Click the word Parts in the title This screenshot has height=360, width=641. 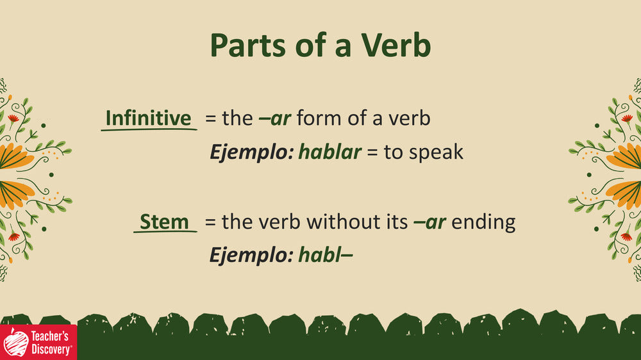click(247, 45)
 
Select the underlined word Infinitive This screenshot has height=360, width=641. click(149, 118)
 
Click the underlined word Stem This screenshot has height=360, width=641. click(164, 222)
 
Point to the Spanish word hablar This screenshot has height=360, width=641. click(330, 152)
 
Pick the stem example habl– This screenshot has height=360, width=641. click(326, 255)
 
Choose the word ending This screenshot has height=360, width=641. click(483, 223)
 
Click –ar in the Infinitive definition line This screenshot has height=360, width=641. click(275, 119)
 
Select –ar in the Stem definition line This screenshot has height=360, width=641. click(429, 222)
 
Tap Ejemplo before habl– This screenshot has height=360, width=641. click(252, 256)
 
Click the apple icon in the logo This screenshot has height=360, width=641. click(15, 343)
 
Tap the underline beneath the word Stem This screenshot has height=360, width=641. click(165, 232)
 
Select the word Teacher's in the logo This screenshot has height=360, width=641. click(50, 336)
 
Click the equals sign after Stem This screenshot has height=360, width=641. click(210, 222)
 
